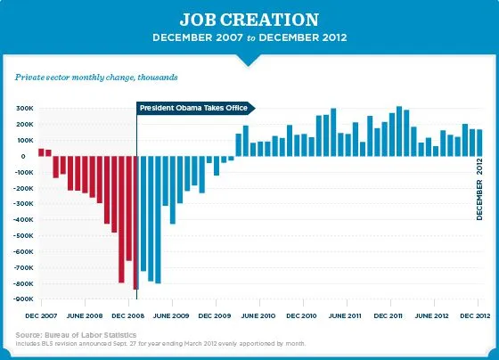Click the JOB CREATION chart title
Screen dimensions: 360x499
pyautogui.click(x=249, y=20)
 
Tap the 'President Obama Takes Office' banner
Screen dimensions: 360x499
pyautogui.click(x=192, y=108)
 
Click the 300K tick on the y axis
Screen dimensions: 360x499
pyautogui.click(x=24, y=109)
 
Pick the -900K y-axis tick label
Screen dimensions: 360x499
pyautogui.click(x=22, y=299)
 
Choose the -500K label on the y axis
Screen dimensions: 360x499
pyautogui.click(x=22, y=235)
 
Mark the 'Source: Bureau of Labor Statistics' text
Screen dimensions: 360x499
pyautogui.click(x=76, y=334)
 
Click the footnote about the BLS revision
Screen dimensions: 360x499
pyautogui.click(x=160, y=343)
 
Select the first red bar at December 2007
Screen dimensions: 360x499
pyautogui.click(x=41, y=152)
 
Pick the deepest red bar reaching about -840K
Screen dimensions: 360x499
pyautogui.click(x=135, y=223)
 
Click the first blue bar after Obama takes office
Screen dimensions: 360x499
pyautogui.click(x=143, y=213)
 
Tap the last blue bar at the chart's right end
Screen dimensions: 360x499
pyautogui.click(x=479, y=143)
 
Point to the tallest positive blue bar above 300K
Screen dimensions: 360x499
pyautogui.click(x=399, y=132)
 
